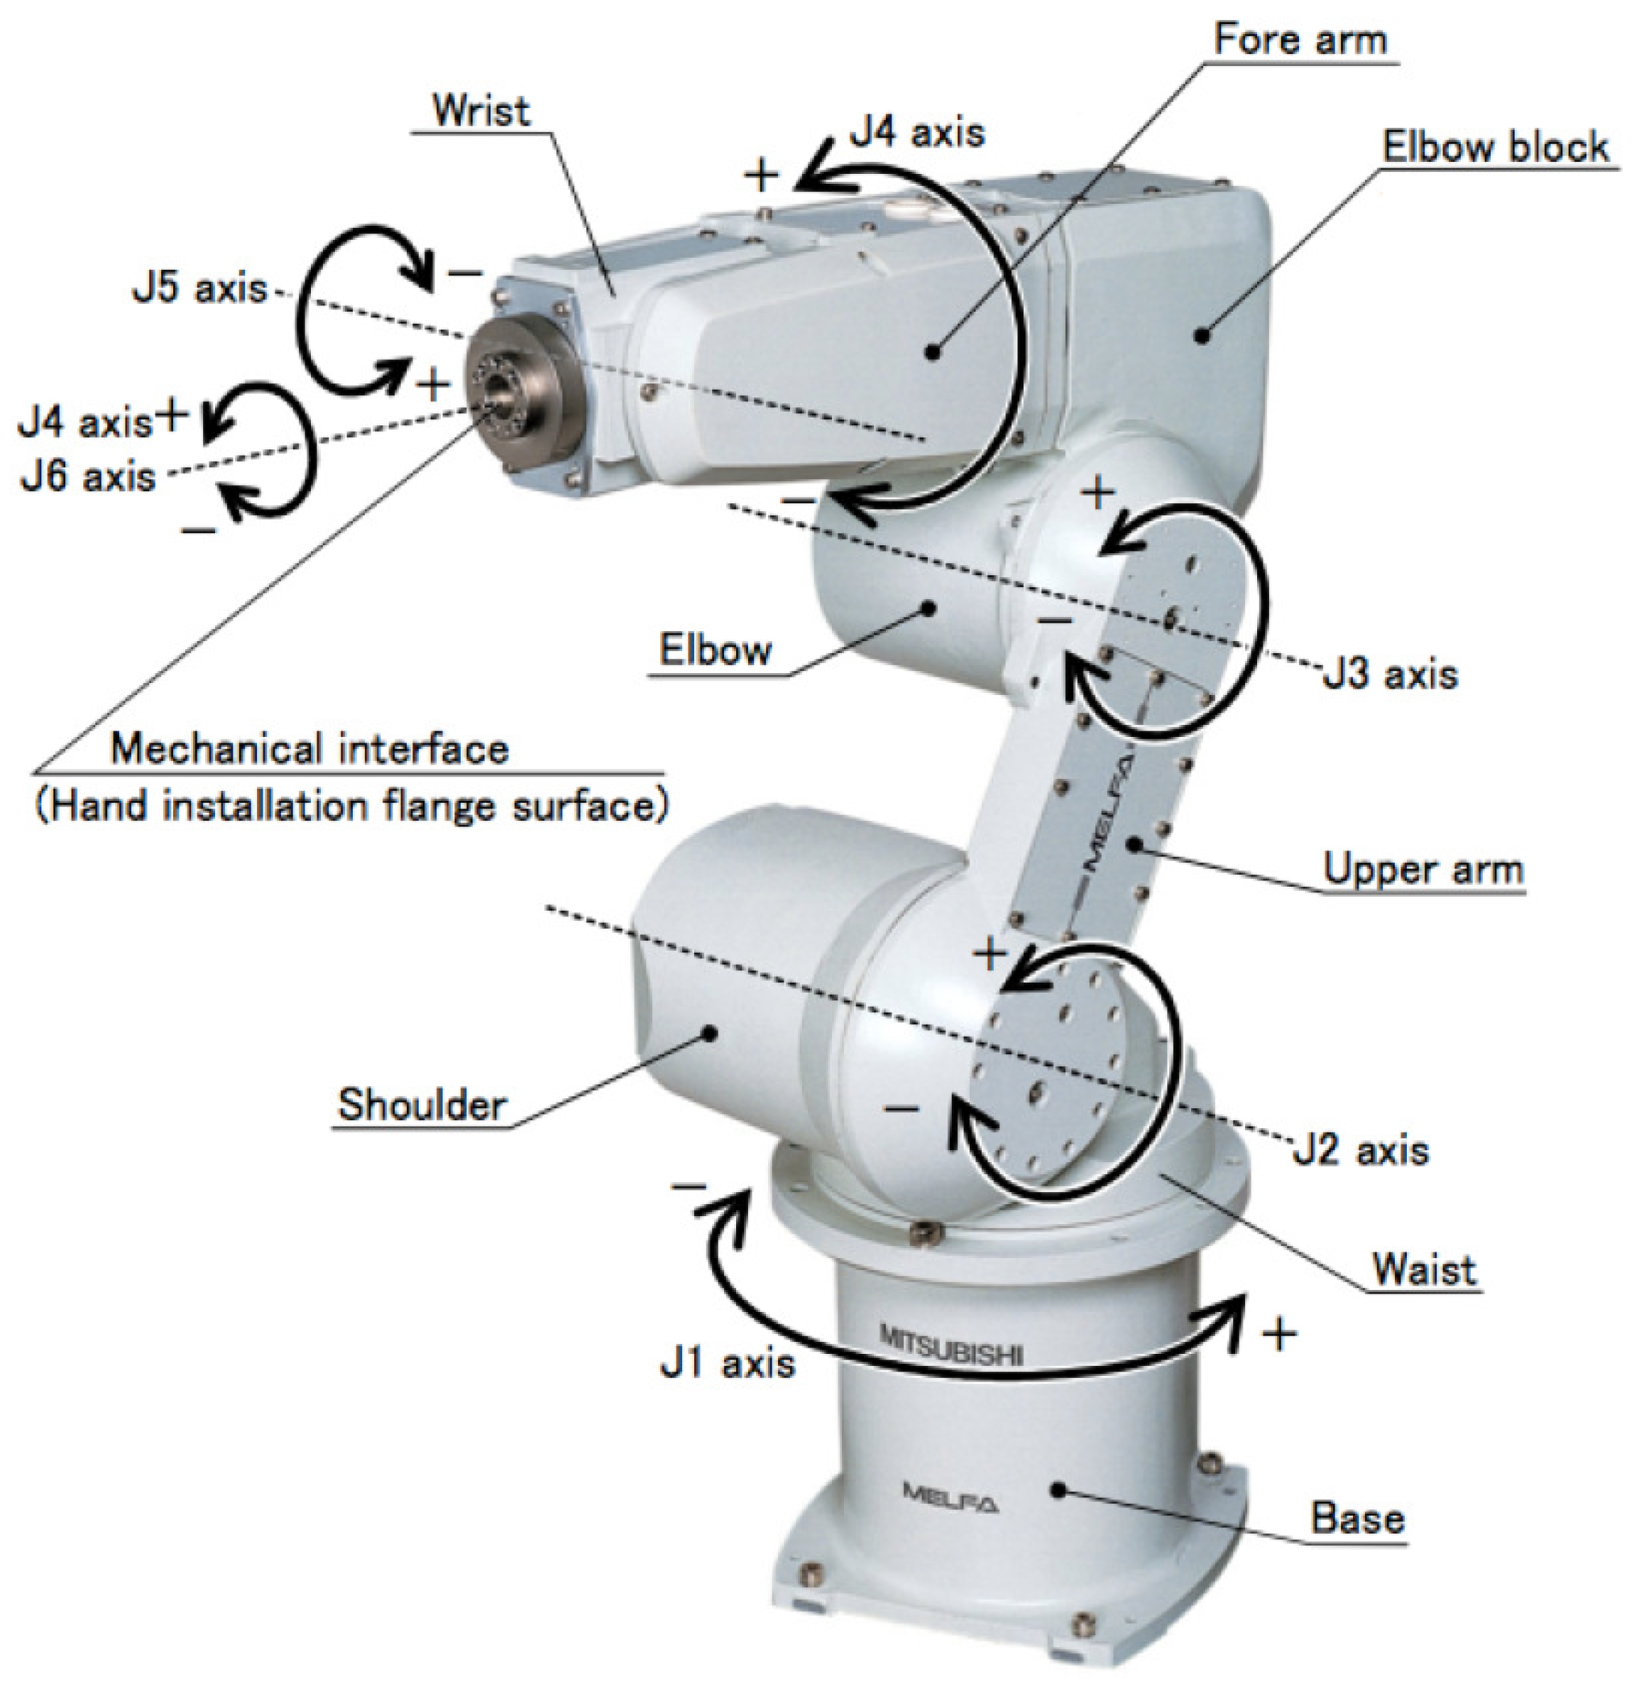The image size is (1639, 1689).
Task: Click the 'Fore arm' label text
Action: (1300, 40)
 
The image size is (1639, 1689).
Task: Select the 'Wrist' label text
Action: (481, 111)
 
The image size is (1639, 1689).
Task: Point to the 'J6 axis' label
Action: (88, 476)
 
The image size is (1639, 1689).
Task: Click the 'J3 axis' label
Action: (1390, 674)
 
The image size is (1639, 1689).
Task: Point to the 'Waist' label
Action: (1424, 1269)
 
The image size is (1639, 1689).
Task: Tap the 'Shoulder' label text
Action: (422, 1105)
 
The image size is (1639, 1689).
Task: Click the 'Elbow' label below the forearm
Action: (716, 650)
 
